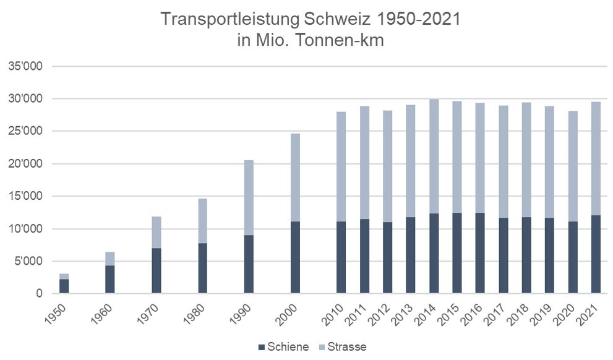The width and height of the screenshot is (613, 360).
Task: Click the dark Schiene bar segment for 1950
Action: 64,286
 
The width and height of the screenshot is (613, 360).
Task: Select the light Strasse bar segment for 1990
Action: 249,197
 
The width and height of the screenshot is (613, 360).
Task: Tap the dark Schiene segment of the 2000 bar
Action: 295,257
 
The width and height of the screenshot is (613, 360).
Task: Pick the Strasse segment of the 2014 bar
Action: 434,156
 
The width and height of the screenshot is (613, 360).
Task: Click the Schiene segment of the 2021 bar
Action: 596,254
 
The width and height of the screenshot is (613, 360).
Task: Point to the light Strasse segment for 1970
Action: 156,232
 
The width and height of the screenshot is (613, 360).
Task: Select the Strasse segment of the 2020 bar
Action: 573,166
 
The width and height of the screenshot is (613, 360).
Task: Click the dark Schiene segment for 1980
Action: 202,268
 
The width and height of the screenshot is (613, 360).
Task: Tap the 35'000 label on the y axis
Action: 25,66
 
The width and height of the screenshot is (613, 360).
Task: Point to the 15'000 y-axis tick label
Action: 25,196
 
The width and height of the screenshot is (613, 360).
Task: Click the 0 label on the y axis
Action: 39,293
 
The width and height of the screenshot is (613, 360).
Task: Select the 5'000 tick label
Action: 28,260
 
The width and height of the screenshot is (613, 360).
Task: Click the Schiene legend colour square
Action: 262,347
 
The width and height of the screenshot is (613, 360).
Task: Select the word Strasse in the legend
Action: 347,347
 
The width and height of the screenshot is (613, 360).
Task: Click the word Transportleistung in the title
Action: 230,19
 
